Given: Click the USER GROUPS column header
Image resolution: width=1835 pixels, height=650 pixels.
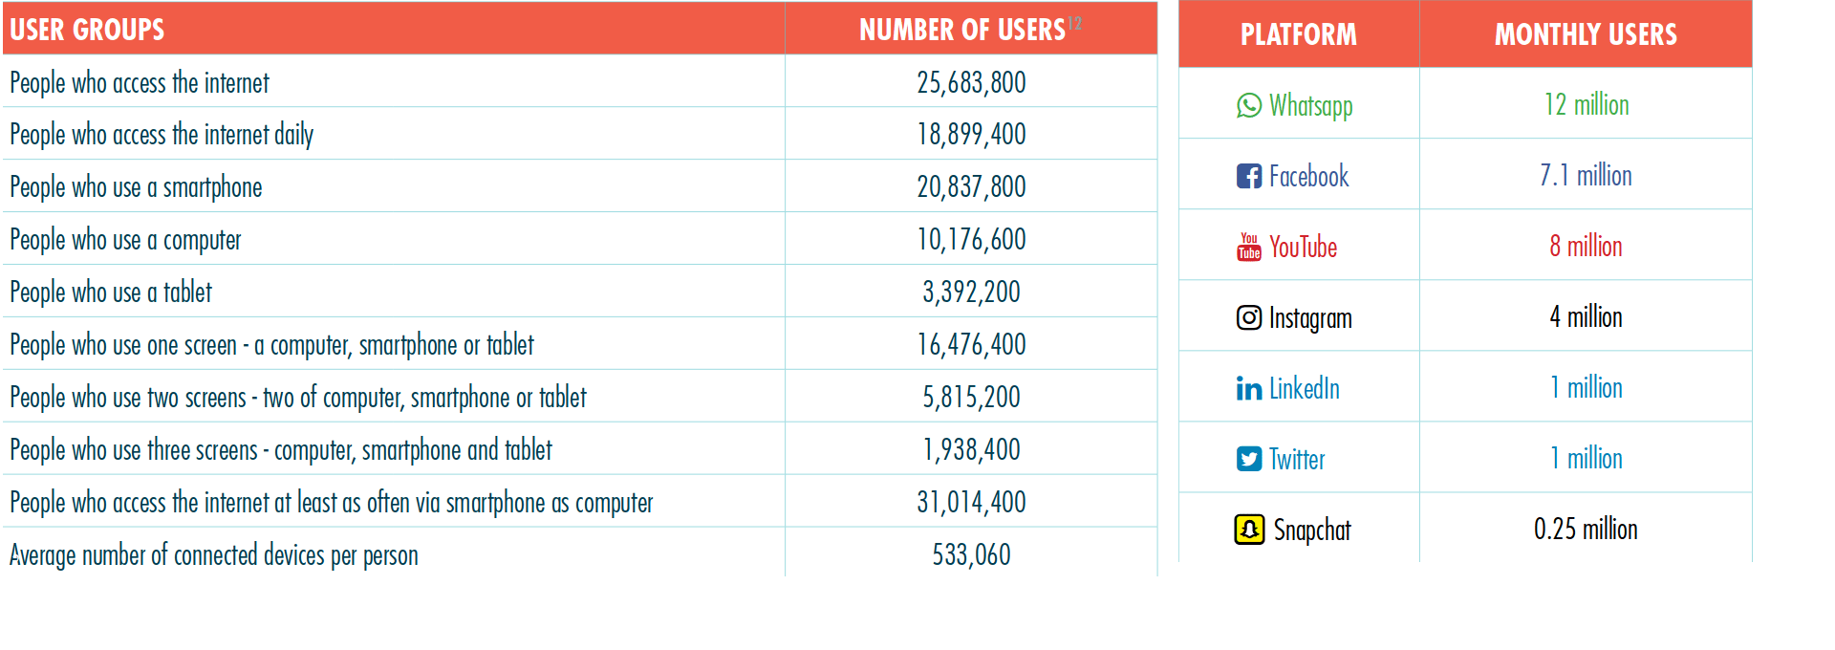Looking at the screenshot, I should point(87,30).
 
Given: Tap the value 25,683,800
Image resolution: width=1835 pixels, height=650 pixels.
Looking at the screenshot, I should point(971,82).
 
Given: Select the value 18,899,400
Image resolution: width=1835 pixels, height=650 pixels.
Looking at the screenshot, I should point(971,134).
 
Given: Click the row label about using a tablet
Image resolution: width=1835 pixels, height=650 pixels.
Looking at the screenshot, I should point(111,292).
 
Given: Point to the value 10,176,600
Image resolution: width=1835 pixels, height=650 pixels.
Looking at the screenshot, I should point(971,239).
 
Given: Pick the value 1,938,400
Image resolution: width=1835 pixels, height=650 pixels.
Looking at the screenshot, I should point(971,449).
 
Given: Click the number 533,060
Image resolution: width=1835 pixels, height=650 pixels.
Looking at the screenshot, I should point(971,554).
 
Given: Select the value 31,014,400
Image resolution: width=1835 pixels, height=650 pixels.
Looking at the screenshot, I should point(971,502).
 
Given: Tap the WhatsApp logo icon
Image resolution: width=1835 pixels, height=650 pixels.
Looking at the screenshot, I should point(1248,105).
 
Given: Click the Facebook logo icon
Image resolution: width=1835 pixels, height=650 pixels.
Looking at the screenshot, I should point(1248,176).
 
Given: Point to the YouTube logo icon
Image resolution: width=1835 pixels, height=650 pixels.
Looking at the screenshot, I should point(1248,247).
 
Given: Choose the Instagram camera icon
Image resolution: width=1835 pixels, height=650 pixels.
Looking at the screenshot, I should point(1248,317).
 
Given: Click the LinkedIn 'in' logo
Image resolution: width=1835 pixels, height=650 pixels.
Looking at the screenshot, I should point(1248,388).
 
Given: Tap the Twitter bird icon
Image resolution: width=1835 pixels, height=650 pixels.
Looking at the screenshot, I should point(1248,459).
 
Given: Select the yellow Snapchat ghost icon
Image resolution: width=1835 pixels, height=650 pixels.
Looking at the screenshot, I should point(1248,530).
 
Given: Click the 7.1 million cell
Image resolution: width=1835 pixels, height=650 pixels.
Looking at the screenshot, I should point(1586,176).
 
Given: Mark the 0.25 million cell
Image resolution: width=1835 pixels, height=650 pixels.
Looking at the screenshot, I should point(1586,530).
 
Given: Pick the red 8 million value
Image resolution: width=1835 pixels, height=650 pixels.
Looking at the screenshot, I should point(1586,247).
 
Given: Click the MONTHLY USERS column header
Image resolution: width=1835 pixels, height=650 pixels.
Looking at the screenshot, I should point(1586,34).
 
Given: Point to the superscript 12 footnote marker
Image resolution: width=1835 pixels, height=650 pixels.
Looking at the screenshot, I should point(1074,23).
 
